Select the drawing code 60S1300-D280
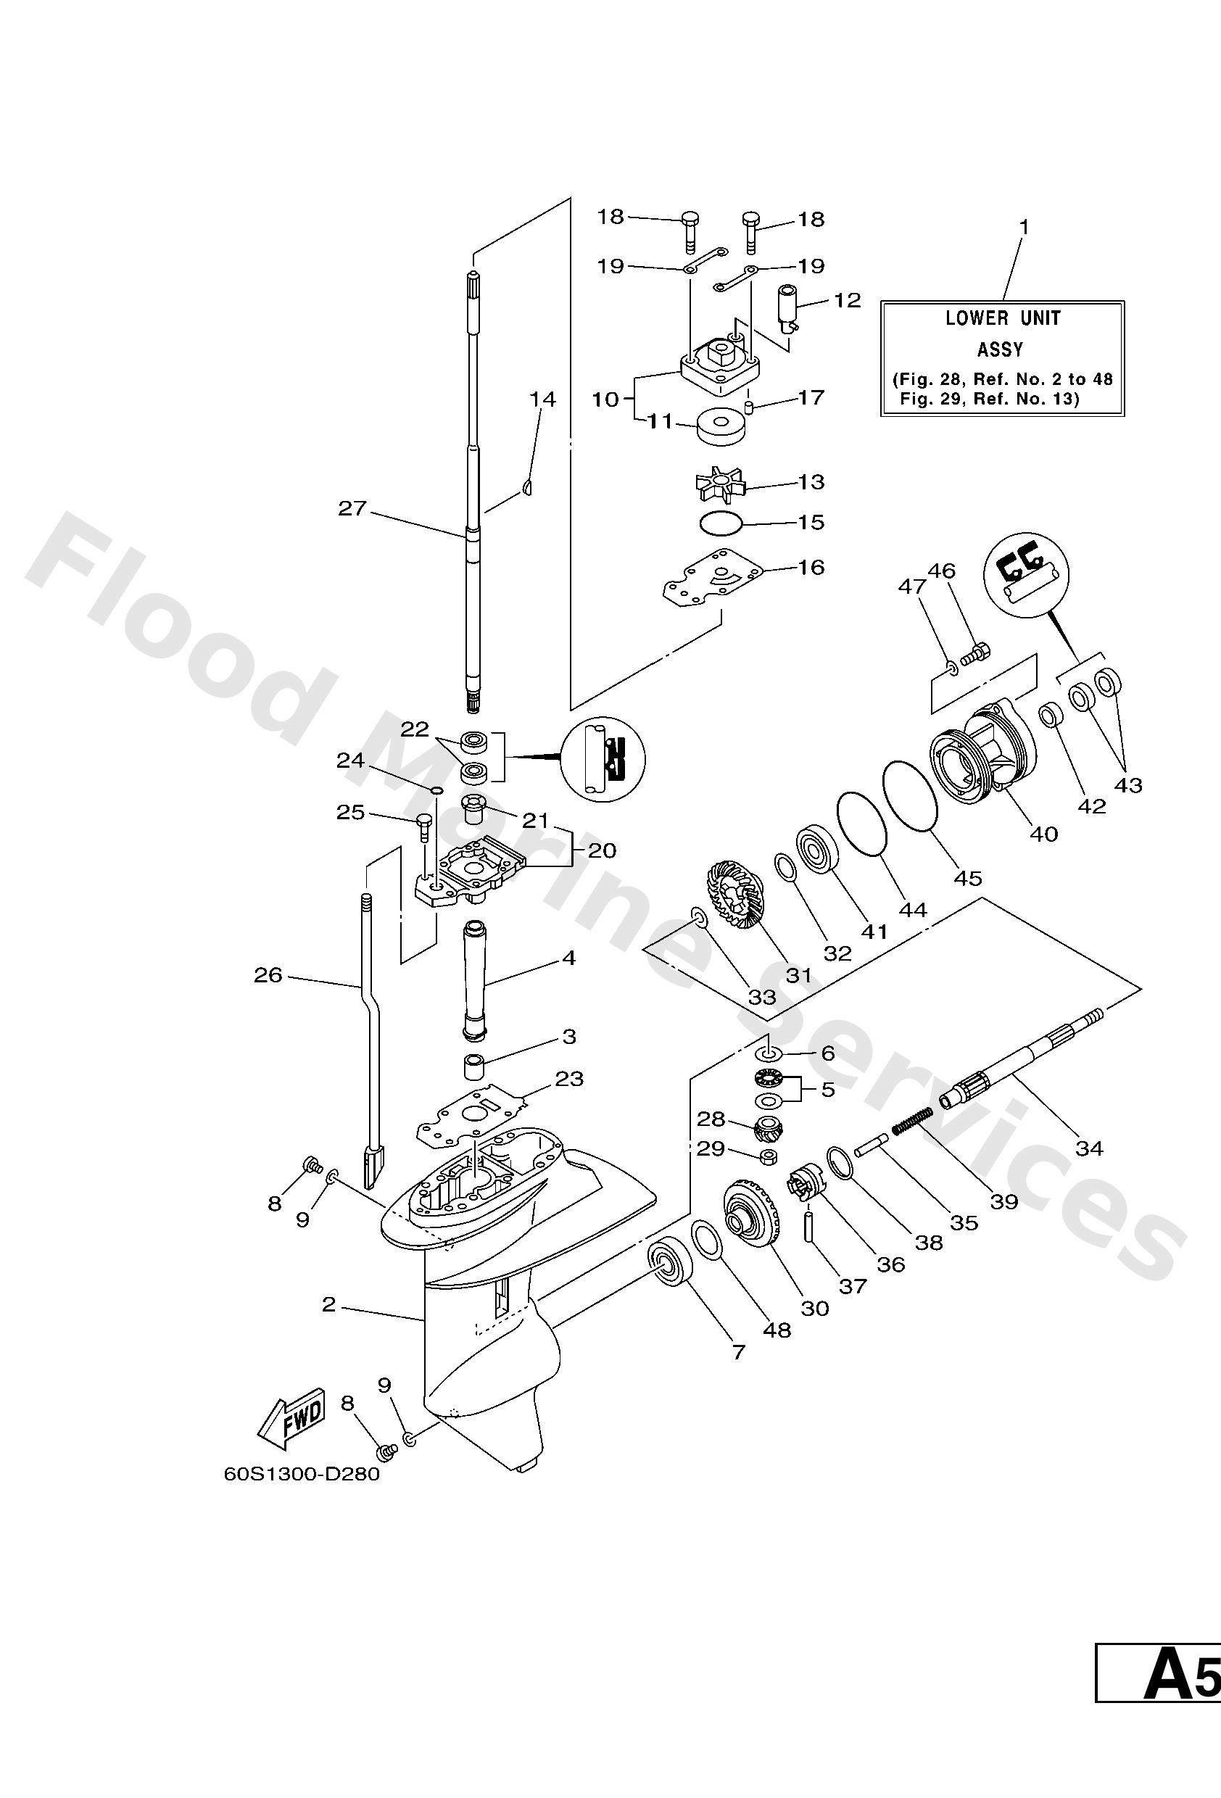click(302, 1474)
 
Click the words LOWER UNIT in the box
click(1003, 318)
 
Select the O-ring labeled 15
click(721, 523)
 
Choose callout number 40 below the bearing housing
click(1044, 833)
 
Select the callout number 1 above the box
click(1025, 227)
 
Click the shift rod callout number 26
click(268, 975)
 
